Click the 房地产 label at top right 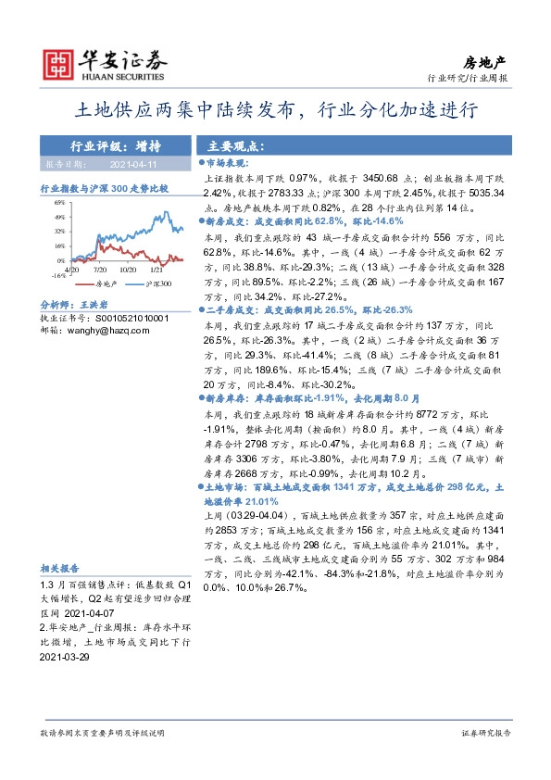492,59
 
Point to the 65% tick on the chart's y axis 57,201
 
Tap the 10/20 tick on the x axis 131,270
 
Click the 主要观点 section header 235,145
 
